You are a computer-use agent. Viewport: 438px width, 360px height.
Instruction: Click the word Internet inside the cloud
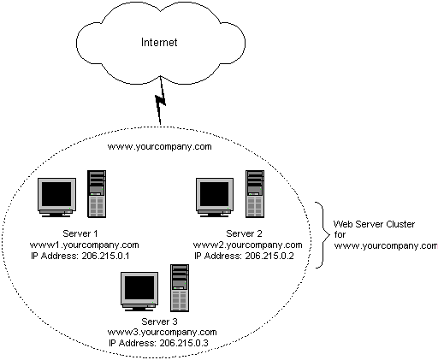159,43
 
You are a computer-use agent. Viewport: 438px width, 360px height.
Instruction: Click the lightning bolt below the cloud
160,100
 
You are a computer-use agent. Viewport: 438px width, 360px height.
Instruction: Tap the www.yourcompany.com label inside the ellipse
159,147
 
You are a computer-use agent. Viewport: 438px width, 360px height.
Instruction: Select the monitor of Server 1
57,198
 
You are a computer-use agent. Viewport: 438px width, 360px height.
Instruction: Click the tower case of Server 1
97,194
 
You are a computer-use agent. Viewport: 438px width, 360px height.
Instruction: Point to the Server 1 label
80,233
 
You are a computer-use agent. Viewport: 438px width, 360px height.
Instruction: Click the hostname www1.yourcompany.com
84,245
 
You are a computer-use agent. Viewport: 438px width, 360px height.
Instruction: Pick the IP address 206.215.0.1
105,256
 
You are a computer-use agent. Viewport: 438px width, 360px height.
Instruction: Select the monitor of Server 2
215,198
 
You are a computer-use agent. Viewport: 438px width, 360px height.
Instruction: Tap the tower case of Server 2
255,194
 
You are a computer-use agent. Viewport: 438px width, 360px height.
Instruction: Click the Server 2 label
244,233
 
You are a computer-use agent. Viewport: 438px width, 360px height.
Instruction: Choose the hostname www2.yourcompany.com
247,245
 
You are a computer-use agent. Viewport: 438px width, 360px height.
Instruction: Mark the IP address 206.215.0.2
269,256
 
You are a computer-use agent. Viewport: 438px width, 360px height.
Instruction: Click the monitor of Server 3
139,292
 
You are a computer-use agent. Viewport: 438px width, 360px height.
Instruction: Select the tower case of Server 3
180,288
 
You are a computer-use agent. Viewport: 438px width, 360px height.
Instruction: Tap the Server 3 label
159,322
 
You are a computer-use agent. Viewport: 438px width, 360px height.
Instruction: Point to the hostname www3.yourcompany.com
162,333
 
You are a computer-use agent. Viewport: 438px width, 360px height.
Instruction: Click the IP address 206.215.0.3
184,343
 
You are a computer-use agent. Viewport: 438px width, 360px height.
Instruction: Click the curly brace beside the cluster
323,235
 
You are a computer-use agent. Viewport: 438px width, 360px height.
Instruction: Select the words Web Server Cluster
374,224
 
